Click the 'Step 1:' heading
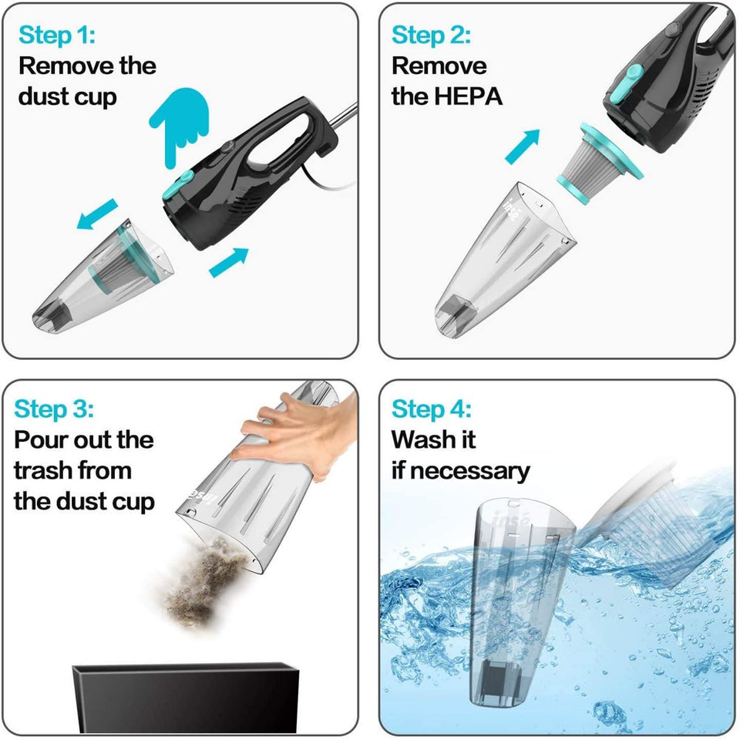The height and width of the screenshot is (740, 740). click(57, 35)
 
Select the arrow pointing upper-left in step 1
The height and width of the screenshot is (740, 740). click(97, 214)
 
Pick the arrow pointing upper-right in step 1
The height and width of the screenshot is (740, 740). click(229, 261)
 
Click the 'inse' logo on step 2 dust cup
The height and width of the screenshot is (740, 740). click(516, 207)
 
